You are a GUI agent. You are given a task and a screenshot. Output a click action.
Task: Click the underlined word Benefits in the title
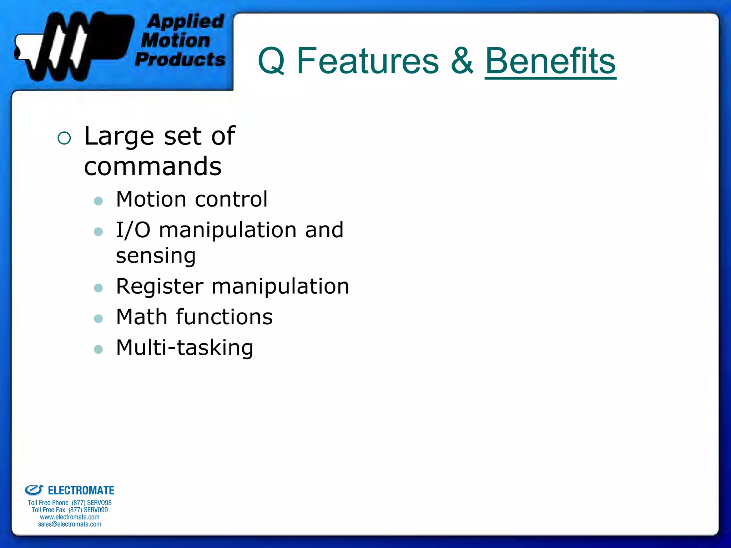[x=550, y=61]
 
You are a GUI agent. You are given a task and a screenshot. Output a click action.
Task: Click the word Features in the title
[x=368, y=61]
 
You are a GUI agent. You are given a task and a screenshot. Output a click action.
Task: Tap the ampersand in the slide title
[x=462, y=61]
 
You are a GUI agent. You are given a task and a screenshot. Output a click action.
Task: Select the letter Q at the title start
[x=271, y=61]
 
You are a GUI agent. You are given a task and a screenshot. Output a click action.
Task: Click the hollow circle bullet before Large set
[x=64, y=138]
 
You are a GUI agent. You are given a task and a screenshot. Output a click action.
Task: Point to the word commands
[x=153, y=167]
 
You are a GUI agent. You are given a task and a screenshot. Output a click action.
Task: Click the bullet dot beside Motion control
[x=98, y=201]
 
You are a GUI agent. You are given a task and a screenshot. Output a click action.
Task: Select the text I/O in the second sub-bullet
[x=133, y=230]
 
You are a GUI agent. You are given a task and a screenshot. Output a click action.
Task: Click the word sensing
[x=156, y=256]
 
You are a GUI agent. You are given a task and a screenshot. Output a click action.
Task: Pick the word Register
[x=160, y=286]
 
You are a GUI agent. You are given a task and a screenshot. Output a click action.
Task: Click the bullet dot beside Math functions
[x=98, y=319]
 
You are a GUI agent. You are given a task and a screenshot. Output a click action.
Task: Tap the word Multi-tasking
[x=185, y=348]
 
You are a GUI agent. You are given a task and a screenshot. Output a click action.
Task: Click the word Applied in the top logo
[x=186, y=21]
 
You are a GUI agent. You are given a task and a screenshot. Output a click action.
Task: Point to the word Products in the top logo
[x=180, y=59]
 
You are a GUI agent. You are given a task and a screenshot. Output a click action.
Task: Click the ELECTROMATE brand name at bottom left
[x=81, y=491]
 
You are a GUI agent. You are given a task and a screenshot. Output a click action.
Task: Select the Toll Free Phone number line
[x=70, y=503]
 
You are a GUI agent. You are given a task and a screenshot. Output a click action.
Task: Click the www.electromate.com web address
[x=70, y=517]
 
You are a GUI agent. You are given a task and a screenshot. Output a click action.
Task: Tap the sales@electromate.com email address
[x=70, y=524]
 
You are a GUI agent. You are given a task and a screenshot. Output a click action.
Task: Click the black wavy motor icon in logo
[x=71, y=45]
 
